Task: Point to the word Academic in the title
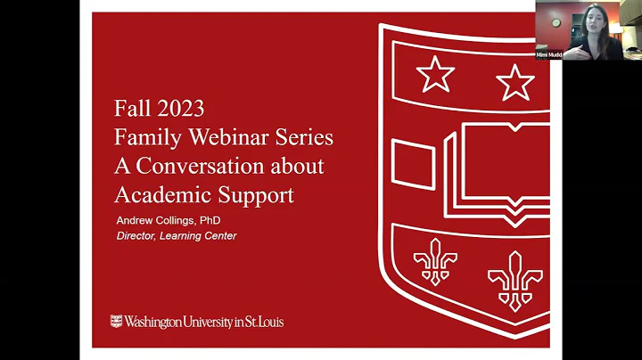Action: [x=159, y=194]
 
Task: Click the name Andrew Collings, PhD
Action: [x=169, y=220]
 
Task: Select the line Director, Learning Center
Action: [x=177, y=235]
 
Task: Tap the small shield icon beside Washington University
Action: [x=116, y=321]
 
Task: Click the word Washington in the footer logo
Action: [x=158, y=321]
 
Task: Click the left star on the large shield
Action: [x=435, y=74]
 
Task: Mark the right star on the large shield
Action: [x=515, y=82]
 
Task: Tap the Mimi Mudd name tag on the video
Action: [x=548, y=54]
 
